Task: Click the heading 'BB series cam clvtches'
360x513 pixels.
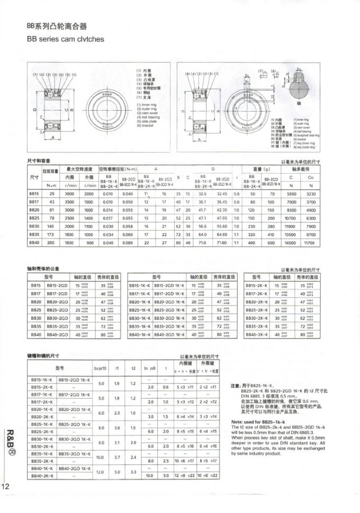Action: tap(65, 39)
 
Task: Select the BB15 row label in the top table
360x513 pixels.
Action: tap(33, 194)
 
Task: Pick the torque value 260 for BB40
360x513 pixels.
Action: tap(51, 242)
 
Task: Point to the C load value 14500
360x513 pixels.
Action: tap(291, 242)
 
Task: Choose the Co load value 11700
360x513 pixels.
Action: tap(311, 242)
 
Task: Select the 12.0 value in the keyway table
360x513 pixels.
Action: tap(102, 472)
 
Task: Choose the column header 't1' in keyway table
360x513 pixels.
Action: tap(116, 367)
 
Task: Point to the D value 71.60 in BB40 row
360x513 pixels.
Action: tap(223, 242)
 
